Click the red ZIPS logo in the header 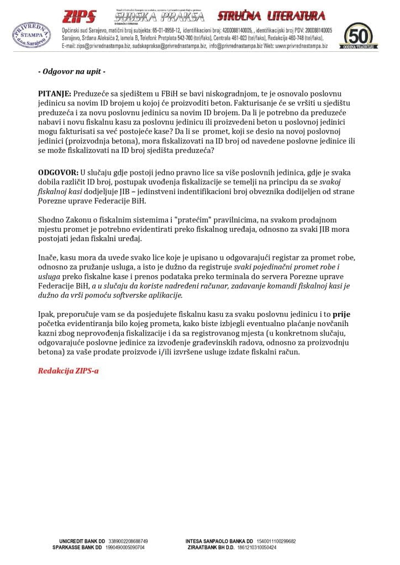(78, 16)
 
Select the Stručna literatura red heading (271, 15)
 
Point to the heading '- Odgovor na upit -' (71, 72)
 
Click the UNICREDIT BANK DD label (82, 541)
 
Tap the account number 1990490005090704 (125, 547)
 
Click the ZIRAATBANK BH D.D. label (210, 547)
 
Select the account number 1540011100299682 (276, 541)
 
